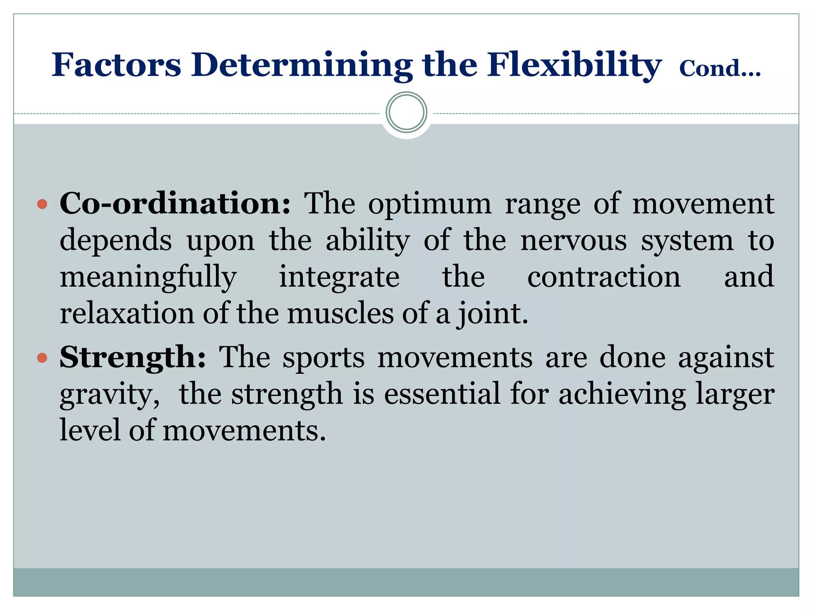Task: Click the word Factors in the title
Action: tap(116, 65)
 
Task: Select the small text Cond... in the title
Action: tap(720, 69)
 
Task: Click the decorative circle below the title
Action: tap(406, 112)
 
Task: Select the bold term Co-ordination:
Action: tap(175, 203)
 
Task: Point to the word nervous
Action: tap(574, 241)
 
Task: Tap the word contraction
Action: tap(604, 277)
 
